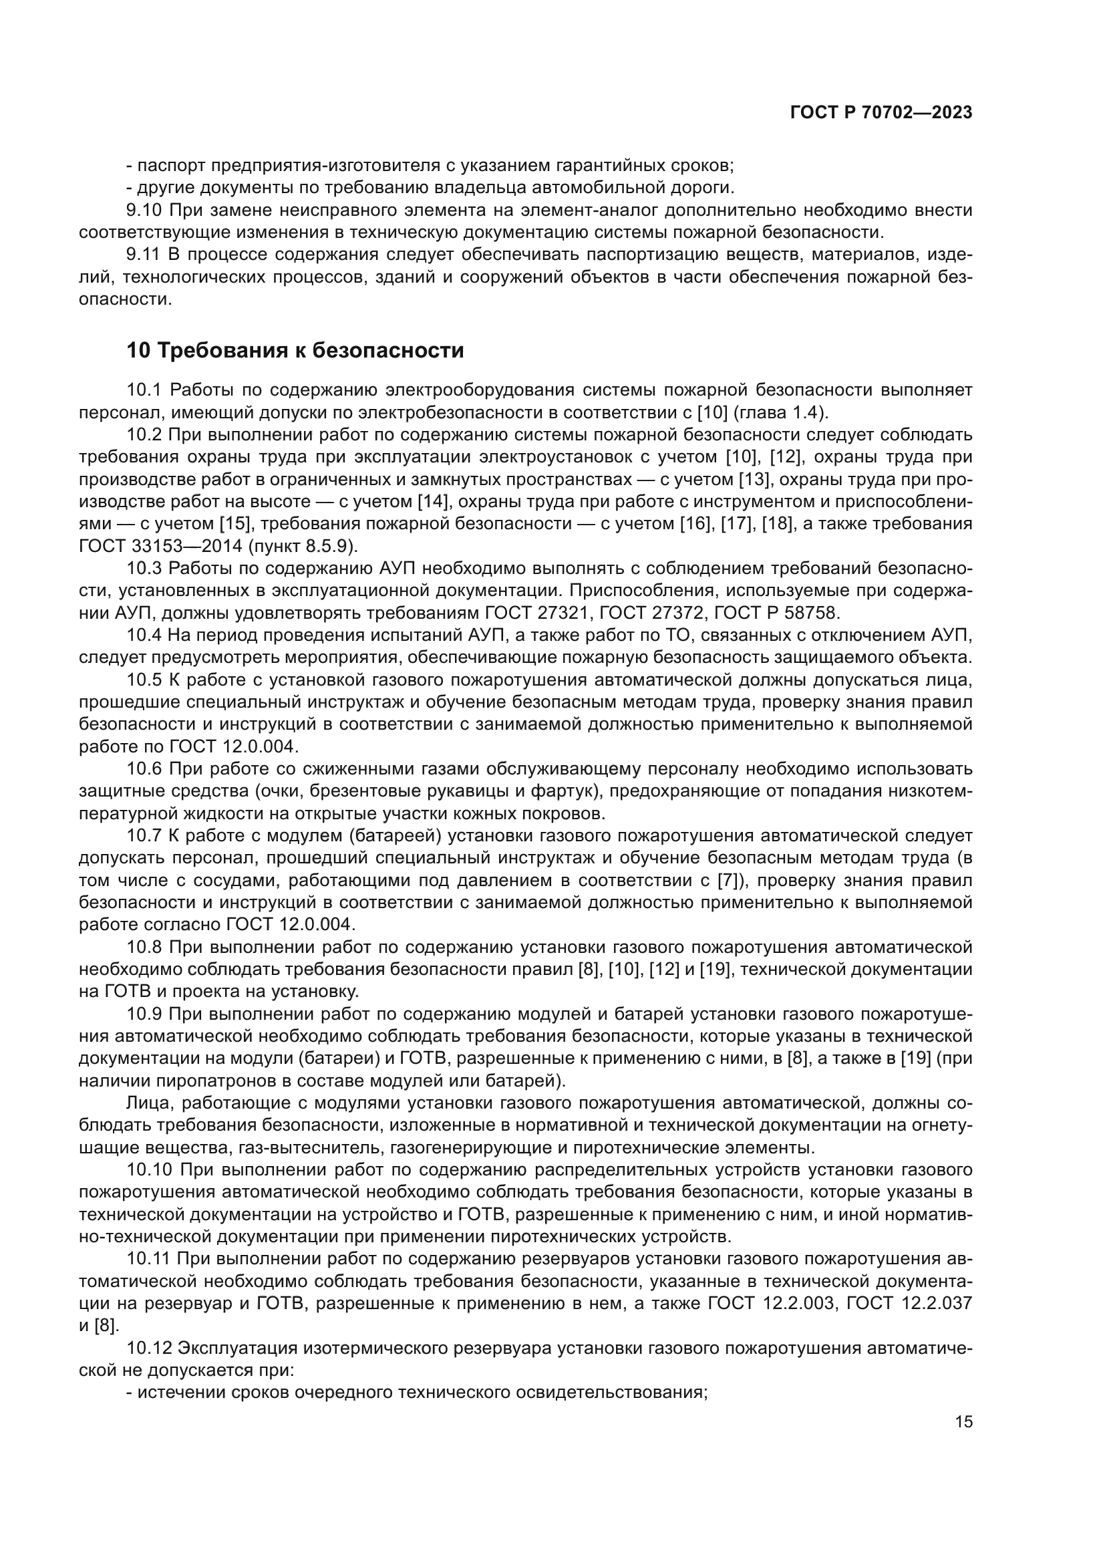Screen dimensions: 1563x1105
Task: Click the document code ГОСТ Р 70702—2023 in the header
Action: pos(881,113)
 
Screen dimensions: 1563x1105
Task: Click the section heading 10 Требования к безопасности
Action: pos(295,351)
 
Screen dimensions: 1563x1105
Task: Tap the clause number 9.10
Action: pos(144,210)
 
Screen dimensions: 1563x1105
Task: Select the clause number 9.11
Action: pos(143,255)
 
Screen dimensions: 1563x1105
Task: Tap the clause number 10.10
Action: pos(148,1170)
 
